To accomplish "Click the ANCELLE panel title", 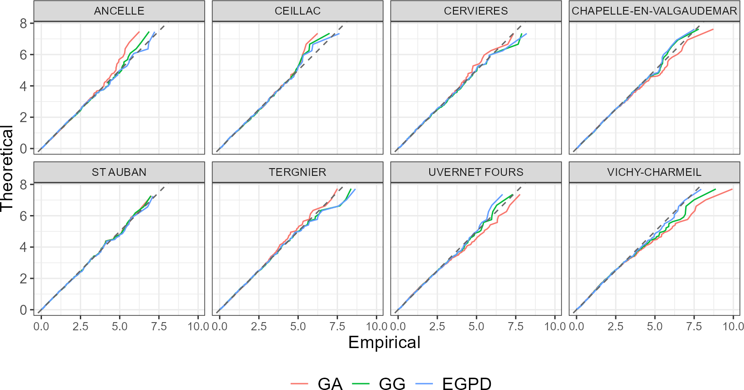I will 119,11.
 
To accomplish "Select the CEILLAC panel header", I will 297,11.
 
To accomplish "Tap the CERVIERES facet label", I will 476,11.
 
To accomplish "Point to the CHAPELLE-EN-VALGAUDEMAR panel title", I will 654,11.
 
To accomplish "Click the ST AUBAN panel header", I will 119,172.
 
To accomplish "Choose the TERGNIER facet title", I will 297,172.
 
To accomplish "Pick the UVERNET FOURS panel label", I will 476,172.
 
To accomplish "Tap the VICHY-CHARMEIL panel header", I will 654,172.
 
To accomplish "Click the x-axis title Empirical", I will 384,343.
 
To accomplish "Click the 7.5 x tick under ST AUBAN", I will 159,327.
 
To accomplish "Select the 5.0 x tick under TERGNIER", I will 298,327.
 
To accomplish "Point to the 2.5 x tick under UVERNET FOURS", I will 437,327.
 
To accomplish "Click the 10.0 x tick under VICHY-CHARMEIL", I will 733,327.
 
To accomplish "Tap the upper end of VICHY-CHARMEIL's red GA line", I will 732,189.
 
